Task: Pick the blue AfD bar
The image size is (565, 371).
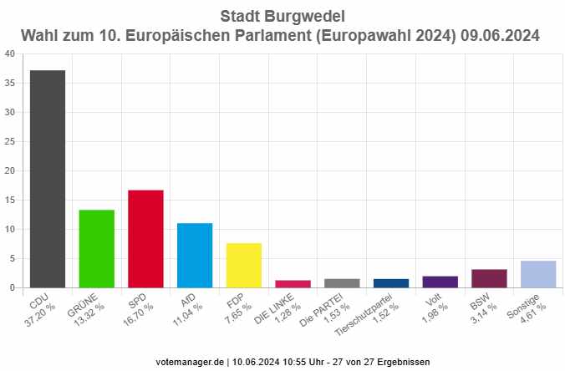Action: click(195, 255)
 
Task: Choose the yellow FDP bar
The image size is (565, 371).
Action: click(244, 265)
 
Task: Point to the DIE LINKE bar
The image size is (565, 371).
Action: click(293, 283)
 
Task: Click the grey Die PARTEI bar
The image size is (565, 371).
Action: click(342, 282)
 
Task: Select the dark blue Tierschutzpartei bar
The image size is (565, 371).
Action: click(391, 282)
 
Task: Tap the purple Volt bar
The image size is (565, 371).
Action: click(440, 282)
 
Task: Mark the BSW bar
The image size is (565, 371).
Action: click(490, 278)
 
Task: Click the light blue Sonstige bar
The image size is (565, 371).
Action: click(538, 274)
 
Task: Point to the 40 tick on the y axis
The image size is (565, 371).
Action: click(9, 54)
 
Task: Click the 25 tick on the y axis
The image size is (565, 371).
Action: click(9, 142)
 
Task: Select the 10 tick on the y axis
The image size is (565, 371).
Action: click(9, 230)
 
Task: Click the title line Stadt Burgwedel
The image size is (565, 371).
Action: click(282, 16)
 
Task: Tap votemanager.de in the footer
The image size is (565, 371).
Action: click(191, 362)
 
